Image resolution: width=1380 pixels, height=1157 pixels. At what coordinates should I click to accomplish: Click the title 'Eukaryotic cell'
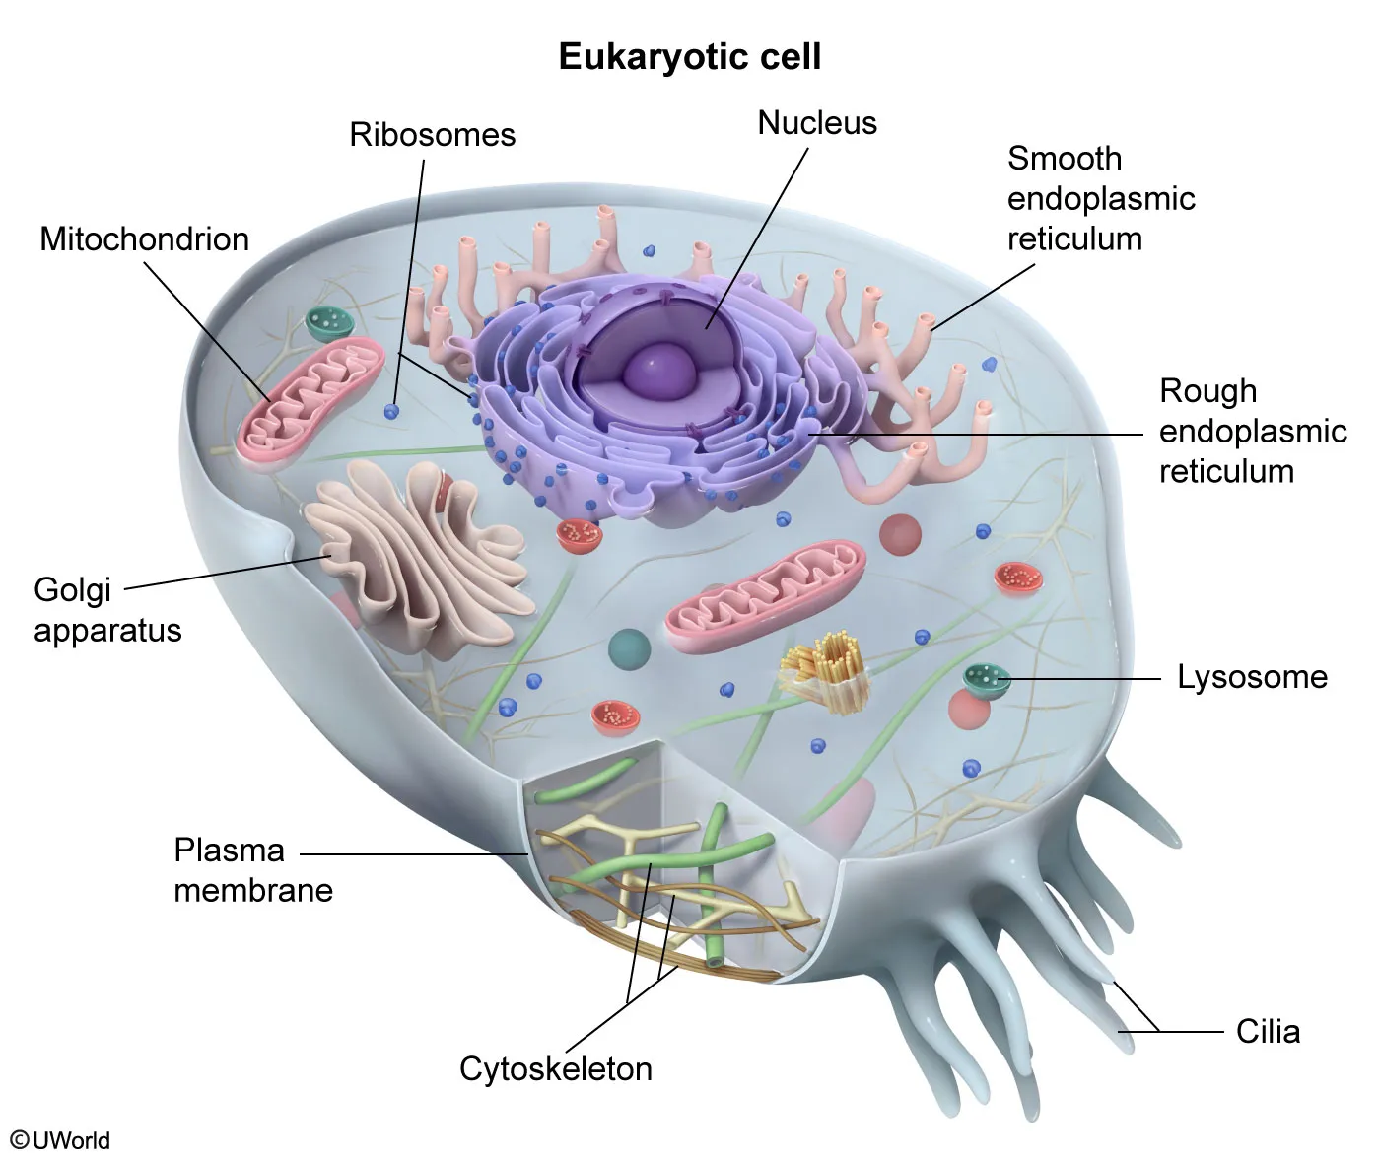click(689, 56)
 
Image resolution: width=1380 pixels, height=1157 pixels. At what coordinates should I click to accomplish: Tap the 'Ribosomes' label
click(432, 134)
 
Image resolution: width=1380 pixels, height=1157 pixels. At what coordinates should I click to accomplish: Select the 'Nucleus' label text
click(816, 123)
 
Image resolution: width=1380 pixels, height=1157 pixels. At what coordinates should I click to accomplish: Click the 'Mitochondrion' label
click(144, 238)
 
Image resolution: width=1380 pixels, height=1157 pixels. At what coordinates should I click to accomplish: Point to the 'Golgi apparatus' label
click(106, 610)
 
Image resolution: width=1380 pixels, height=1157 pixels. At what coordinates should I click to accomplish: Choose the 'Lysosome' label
click(1252, 677)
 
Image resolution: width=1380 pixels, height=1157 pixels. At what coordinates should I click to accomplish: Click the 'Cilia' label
click(1268, 1032)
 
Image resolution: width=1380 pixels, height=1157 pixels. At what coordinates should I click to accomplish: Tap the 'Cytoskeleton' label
click(555, 1069)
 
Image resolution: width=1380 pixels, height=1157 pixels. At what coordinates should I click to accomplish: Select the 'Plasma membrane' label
click(252, 870)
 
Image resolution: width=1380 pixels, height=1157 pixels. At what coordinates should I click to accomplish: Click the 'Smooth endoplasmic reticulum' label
click(1100, 198)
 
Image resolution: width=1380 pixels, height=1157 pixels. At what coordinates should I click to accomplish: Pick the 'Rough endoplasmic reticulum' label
click(1252, 431)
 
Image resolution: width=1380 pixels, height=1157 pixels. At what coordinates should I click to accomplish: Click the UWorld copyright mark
click(60, 1140)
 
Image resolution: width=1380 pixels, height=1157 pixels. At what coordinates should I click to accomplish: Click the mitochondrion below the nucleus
click(766, 597)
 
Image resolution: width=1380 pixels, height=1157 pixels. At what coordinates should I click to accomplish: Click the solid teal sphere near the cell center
click(628, 649)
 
